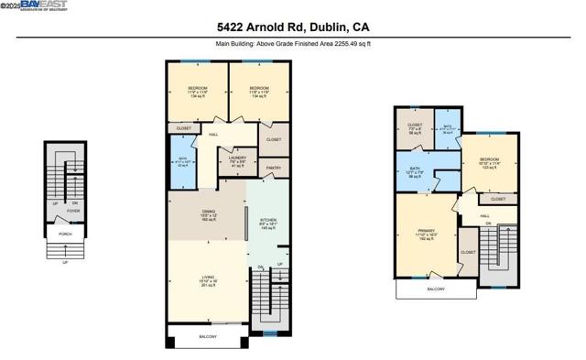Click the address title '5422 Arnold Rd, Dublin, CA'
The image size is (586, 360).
[293, 27]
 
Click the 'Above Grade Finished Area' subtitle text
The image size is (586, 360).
[293, 43]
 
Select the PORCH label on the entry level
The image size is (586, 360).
[65, 234]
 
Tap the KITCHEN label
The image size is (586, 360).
[268, 220]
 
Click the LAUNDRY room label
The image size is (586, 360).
[237, 158]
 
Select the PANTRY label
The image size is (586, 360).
[273, 169]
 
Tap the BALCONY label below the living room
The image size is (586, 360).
[208, 337]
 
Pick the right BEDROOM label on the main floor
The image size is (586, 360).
[258, 89]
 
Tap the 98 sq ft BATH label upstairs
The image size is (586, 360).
[415, 169]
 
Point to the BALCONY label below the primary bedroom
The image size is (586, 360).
[435, 289]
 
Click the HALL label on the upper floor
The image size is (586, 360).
[484, 216]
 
